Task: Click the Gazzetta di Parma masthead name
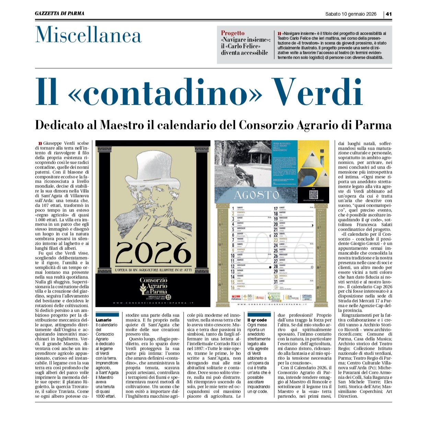(59, 13)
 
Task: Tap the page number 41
(389, 14)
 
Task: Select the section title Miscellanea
(88, 35)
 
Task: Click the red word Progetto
(233, 33)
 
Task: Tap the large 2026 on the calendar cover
(153, 253)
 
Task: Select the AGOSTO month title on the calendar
(256, 195)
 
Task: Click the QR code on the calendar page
(313, 194)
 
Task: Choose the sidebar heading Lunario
(103, 320)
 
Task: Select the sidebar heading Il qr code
(257, 320)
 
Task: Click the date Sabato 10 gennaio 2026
(351, 14)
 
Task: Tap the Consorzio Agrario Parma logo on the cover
(153, 286)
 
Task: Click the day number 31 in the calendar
(276, 282)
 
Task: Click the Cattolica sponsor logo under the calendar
(307, 296)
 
